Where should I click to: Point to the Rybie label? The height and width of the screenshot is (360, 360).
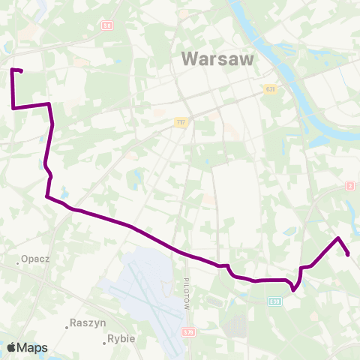121,338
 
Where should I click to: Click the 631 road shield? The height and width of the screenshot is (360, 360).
269,90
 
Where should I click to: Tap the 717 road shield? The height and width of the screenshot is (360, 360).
180,121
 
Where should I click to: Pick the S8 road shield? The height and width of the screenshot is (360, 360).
106,25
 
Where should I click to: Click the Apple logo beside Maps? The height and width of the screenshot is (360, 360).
11,347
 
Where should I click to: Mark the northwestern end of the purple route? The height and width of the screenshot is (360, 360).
21,71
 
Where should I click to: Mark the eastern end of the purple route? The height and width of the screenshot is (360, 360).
349,254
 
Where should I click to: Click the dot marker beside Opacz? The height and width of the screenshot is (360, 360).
18,263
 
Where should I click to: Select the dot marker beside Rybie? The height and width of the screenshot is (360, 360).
104,343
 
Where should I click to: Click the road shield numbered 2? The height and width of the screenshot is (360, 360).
350,185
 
